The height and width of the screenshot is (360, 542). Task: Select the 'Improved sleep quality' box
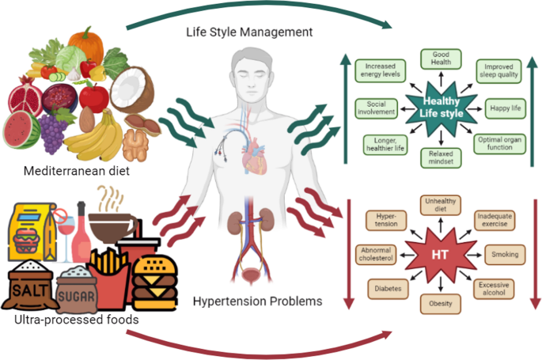point(498,71)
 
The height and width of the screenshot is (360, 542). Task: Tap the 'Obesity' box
point(441,303)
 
